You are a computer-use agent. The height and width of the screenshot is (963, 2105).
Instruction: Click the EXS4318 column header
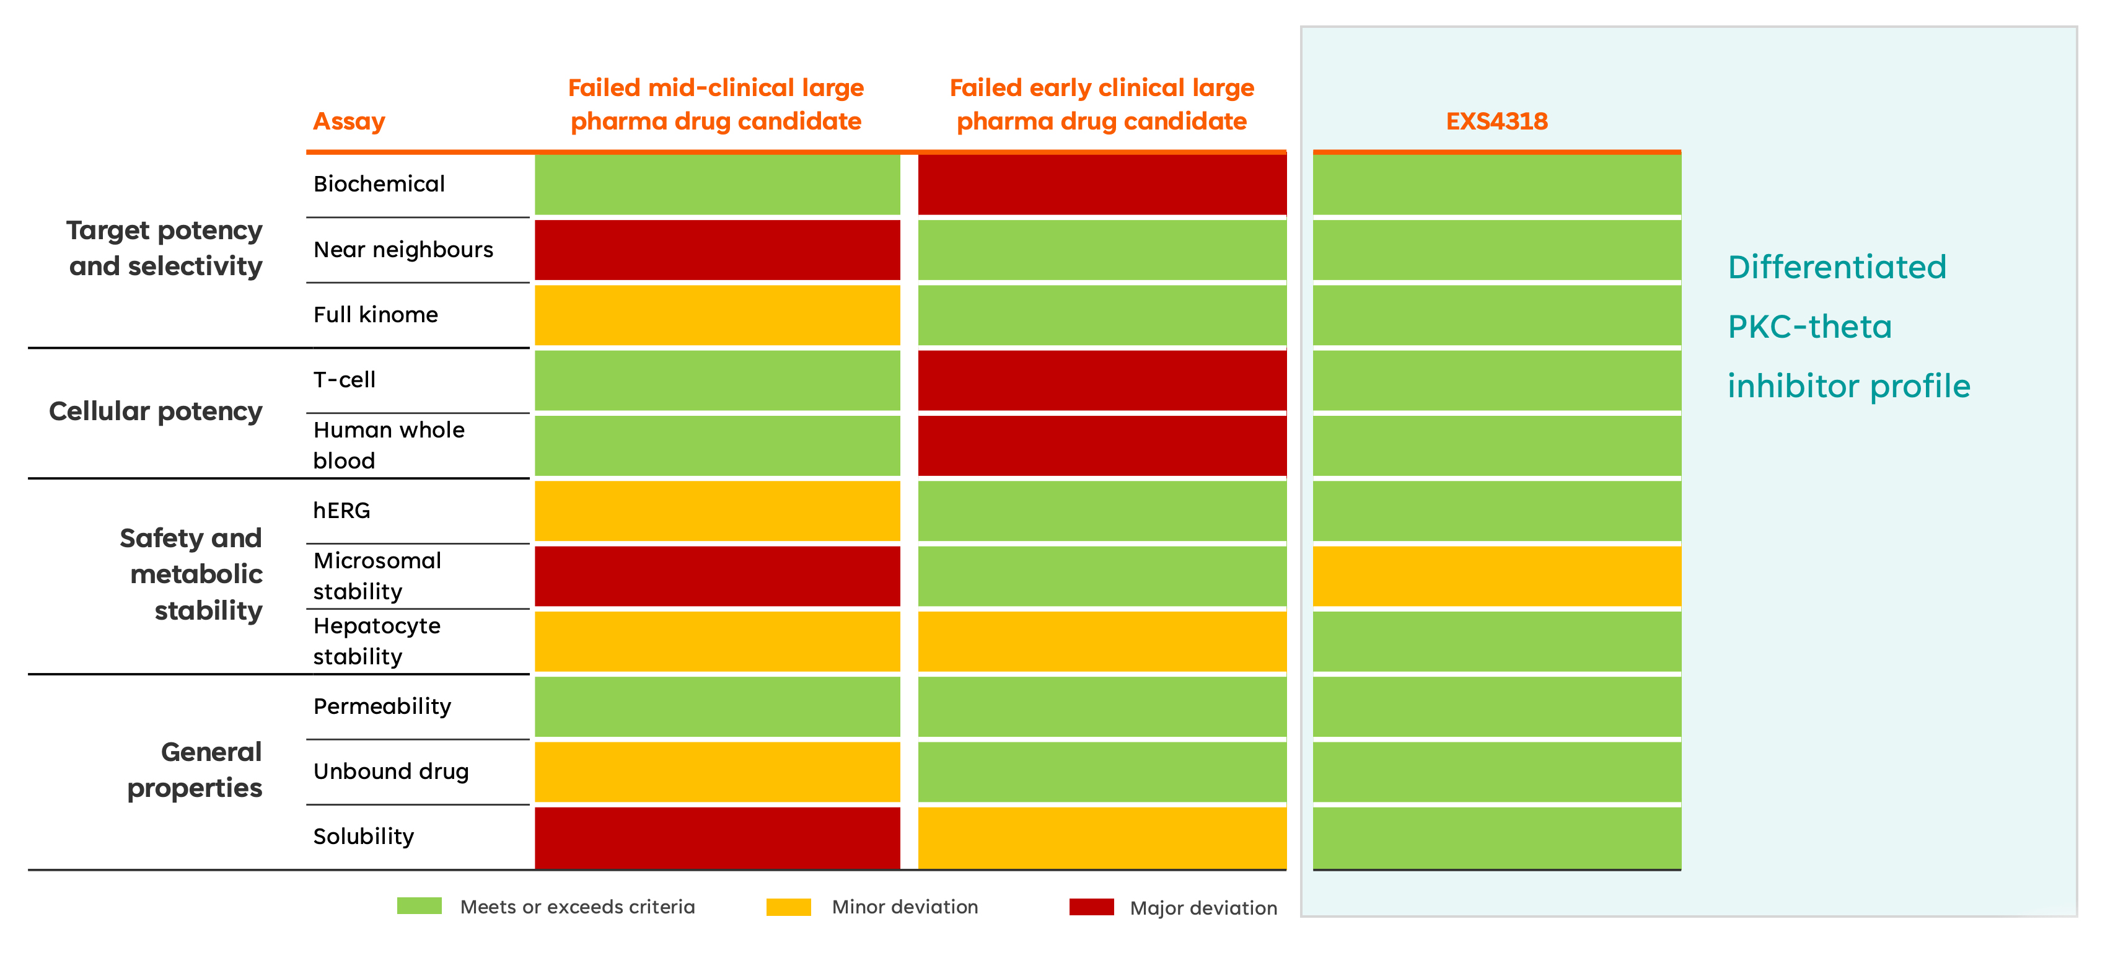1496,121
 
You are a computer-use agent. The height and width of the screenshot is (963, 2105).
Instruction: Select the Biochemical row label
379,184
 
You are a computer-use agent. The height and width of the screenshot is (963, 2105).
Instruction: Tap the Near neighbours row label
403,249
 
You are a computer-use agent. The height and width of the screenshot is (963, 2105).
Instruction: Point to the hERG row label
341,511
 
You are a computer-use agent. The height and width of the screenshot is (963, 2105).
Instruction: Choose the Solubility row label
364,837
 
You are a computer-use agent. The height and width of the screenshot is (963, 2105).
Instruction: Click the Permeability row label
382,706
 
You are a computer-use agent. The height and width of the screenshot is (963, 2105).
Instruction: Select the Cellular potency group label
156,411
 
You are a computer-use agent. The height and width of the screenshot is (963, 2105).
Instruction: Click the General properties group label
195,770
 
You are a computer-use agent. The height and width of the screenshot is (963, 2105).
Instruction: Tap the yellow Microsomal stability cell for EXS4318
1496,576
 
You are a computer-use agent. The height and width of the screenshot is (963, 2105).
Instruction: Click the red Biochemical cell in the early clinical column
1102,185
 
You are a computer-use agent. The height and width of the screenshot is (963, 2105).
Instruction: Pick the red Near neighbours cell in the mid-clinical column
718,250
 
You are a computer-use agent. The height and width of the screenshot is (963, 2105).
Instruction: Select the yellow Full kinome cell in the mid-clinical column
718,315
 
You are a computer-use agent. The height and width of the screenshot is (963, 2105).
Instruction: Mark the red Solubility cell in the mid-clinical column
718,838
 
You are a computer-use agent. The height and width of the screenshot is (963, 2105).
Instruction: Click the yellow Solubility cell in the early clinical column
1102,838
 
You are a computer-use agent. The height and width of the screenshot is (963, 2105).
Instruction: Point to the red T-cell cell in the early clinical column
1102,381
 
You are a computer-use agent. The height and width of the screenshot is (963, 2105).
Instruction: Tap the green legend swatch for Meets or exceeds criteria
419,906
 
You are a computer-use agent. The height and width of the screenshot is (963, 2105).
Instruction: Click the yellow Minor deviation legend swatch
789,907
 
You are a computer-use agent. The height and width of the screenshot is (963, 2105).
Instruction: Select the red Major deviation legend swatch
1092,907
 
